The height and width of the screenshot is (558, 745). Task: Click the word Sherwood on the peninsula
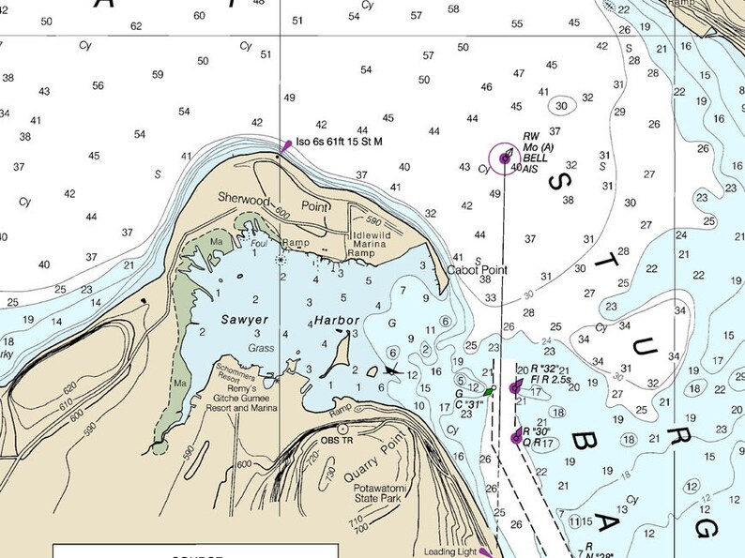pos(244,199)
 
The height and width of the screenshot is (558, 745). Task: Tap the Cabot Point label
pos(477,270)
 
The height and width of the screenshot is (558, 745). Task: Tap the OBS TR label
pos(337,440)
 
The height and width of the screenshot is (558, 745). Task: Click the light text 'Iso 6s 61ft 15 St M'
pos(340,142)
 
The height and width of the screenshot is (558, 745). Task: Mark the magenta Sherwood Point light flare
pos(286,145)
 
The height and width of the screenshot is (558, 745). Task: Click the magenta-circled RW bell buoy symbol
pos(505,159)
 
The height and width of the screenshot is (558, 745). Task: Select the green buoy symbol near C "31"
pos(489,390)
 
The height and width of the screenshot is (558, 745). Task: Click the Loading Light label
pos(450,551)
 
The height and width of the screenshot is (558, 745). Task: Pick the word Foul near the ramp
pos(258,244)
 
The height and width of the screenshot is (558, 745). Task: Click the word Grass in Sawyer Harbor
pos(260,347)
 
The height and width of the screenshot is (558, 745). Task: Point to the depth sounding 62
pos(137,25)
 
